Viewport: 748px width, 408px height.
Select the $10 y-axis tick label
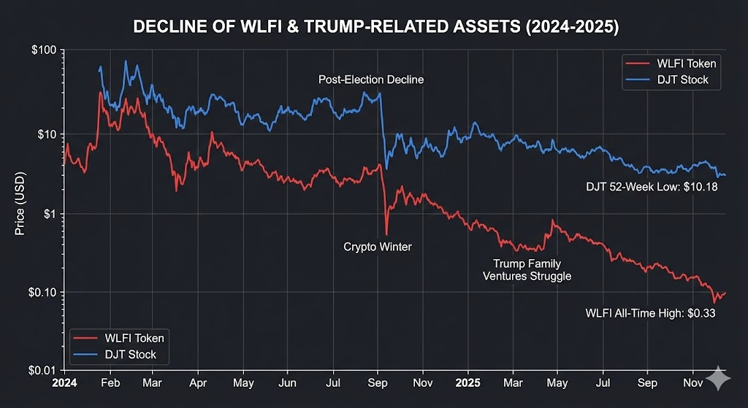click(x=45, y=134)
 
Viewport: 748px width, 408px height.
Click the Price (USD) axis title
click(x=20, y=212)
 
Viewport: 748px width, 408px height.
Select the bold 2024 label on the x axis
click(x=64, y=381)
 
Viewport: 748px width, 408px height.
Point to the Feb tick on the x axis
click(x=110, y=381)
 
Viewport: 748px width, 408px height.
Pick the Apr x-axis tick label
click(x=198, y=381)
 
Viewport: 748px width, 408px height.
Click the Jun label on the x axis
click(x=288, y=381)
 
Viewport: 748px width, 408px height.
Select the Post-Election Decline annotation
click(x=370, y=80)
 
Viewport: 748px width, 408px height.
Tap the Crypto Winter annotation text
click(x=378, y=247)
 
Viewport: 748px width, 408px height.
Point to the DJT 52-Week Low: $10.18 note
click(x=652, y=188)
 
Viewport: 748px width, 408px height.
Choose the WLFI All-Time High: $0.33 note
click(x=649, y=314)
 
